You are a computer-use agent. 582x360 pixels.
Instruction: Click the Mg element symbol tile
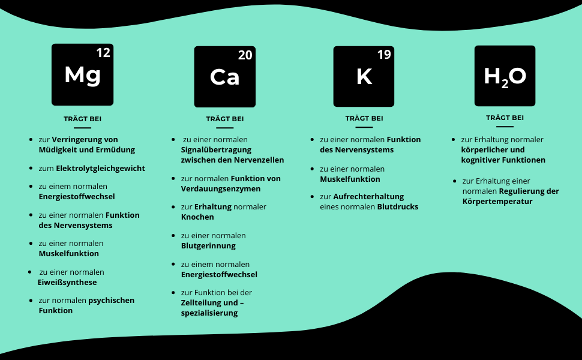82,74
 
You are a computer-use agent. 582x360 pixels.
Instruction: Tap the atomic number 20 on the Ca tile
245,56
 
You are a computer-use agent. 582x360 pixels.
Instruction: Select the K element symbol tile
364,76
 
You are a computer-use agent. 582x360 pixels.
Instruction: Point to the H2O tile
505,76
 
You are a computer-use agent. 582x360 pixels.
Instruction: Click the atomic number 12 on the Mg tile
103,53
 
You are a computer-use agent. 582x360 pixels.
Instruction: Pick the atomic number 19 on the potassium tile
384,55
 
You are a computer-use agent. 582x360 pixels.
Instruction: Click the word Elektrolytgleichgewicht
100,169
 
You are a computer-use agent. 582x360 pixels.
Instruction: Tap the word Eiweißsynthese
67,283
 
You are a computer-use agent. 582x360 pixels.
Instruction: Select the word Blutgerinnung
208,246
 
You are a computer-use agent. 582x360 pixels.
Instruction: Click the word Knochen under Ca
197,217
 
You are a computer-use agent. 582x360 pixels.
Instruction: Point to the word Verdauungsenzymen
221,189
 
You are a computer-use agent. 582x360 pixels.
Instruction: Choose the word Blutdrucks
397,207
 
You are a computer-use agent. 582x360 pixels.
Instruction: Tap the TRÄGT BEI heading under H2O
505,118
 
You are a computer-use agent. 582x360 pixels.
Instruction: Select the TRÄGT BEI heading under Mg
82,119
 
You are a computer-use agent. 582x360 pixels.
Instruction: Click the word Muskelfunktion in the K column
350,179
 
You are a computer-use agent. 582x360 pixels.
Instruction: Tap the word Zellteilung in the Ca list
201,303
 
